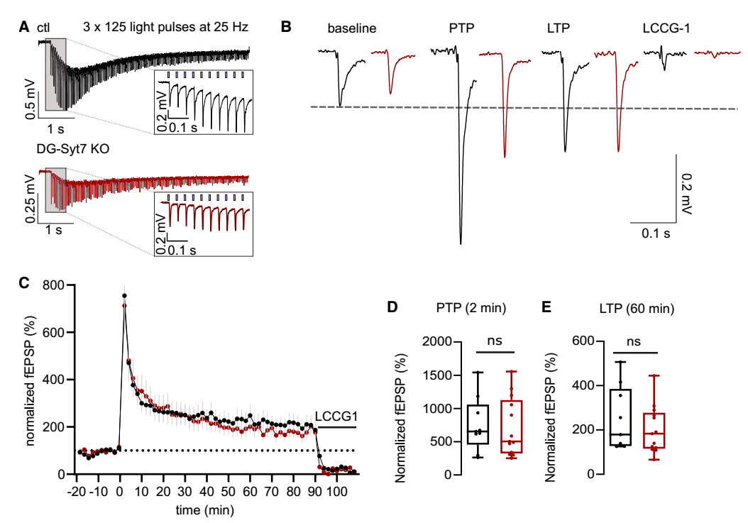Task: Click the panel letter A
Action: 24,28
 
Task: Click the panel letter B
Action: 286,28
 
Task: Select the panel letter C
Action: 24,282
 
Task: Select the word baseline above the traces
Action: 351,29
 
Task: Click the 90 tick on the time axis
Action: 314,490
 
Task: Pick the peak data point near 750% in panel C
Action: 125,295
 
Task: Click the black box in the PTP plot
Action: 478,424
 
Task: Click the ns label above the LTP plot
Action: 634,341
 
